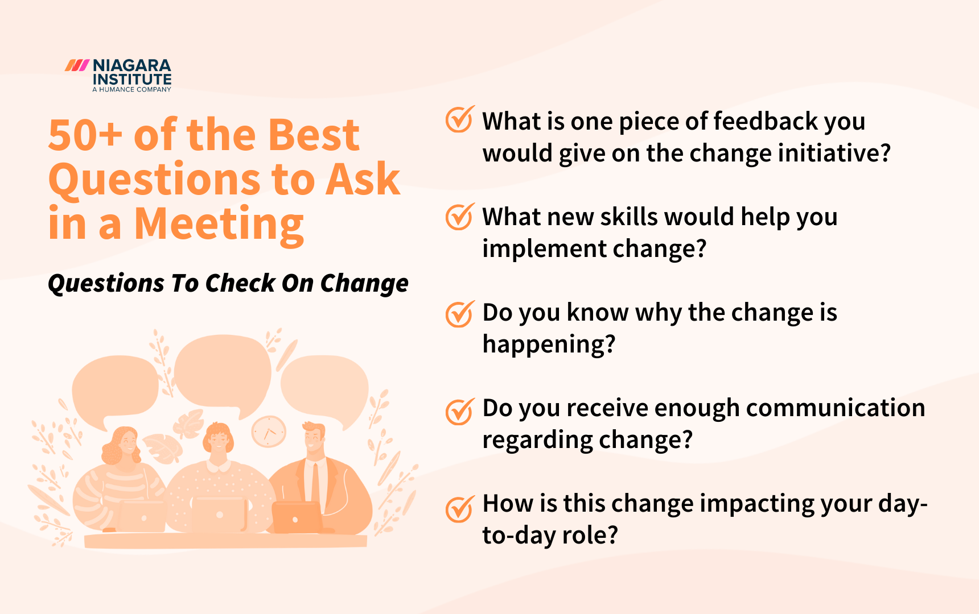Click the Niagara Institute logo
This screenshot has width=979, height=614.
118,75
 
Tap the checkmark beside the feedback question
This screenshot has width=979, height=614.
459,119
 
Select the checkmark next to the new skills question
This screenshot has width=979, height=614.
459,216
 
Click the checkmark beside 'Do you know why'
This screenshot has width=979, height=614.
459,313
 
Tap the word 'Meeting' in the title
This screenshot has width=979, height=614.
219,224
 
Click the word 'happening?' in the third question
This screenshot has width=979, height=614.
549,344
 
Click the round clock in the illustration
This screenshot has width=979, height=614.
269,432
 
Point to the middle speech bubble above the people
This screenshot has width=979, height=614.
222,372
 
